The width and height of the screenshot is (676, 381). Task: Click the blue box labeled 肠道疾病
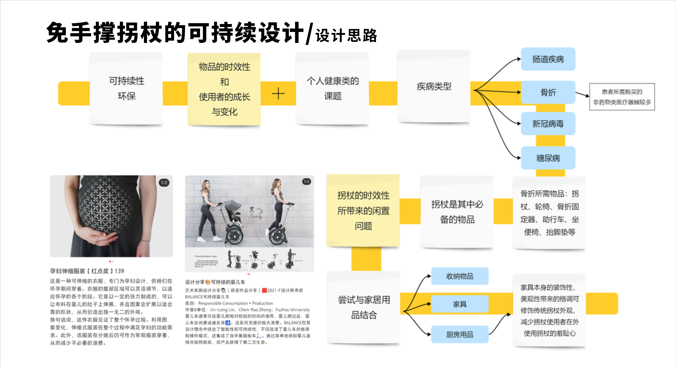[548, 59]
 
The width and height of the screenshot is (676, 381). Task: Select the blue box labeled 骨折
[548, 92]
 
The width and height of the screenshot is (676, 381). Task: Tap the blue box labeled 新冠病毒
[548, 124]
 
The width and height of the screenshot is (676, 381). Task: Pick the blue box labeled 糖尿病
[548, 158]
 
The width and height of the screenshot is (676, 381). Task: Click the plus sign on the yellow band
[278, 94]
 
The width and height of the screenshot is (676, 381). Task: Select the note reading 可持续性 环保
[126, 88]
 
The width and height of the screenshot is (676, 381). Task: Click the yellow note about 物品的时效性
[224, 89]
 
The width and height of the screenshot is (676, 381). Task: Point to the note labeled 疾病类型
[434, 86]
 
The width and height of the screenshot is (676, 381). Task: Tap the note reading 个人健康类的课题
[333, 88]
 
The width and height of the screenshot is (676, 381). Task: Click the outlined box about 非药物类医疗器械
[622, 97]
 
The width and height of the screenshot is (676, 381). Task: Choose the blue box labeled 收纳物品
[460, 276]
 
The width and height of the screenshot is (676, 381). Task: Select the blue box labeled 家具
[460, 304]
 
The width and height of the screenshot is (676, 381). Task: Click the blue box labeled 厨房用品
[460, 334]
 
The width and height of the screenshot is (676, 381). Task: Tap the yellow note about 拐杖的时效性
[363, 210]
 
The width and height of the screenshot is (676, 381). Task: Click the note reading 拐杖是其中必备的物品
[457, 211]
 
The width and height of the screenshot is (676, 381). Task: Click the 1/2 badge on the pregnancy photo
[164, 183]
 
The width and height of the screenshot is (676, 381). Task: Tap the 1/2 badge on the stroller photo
[306, 182]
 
